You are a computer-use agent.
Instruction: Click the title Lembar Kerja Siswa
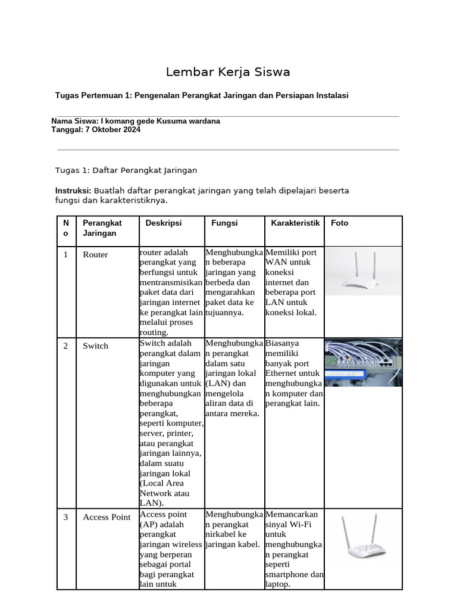pos(228,73)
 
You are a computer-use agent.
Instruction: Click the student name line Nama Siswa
pos(136,121)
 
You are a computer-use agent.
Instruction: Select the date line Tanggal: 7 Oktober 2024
pos(96,130)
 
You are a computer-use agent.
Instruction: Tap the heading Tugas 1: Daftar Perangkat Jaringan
pos(126,170)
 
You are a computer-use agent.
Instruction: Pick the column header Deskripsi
pos(164,223)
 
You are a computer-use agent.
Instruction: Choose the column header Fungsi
pos(224,223)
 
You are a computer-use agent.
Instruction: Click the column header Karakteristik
pos(295,223)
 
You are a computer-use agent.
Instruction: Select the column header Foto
pos(340,223)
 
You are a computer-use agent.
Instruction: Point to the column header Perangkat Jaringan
pos(102,228)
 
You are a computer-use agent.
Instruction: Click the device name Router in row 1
pos(95,255)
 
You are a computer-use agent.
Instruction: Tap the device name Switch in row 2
pos(95,346)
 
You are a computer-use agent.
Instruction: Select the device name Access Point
pos(107,517)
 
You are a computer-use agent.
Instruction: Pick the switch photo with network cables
pos(363,362)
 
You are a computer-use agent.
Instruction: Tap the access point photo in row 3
pos(363,539)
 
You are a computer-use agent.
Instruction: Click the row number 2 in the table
pos(66,346)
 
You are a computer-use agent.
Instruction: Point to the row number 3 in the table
pos(66,517)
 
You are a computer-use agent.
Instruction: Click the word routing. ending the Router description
pos(154,332)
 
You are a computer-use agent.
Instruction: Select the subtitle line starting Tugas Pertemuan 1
pos(201,95)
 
